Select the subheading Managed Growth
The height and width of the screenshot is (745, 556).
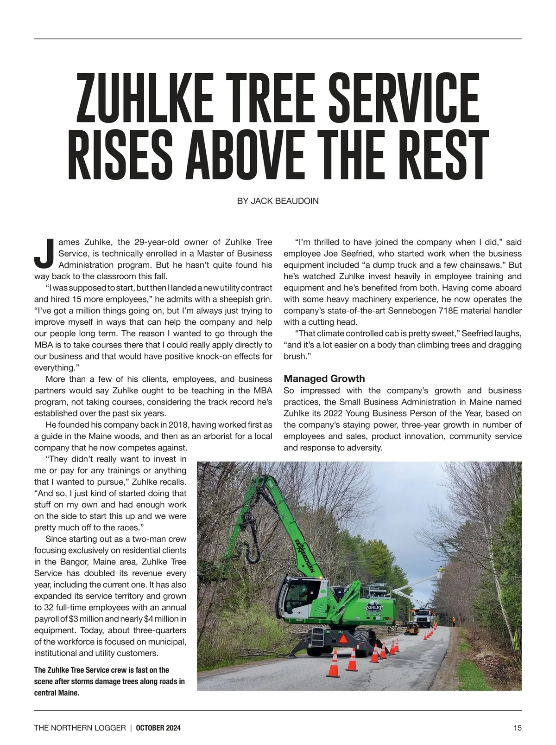point(324,379)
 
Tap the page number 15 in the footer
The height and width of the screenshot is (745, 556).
point(517,728)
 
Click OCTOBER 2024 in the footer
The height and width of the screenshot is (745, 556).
point(158,728)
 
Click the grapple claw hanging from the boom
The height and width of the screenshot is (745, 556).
point(253,543)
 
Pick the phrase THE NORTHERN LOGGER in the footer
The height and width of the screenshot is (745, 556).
point(80,728)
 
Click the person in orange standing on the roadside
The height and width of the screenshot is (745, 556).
point(453,621)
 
